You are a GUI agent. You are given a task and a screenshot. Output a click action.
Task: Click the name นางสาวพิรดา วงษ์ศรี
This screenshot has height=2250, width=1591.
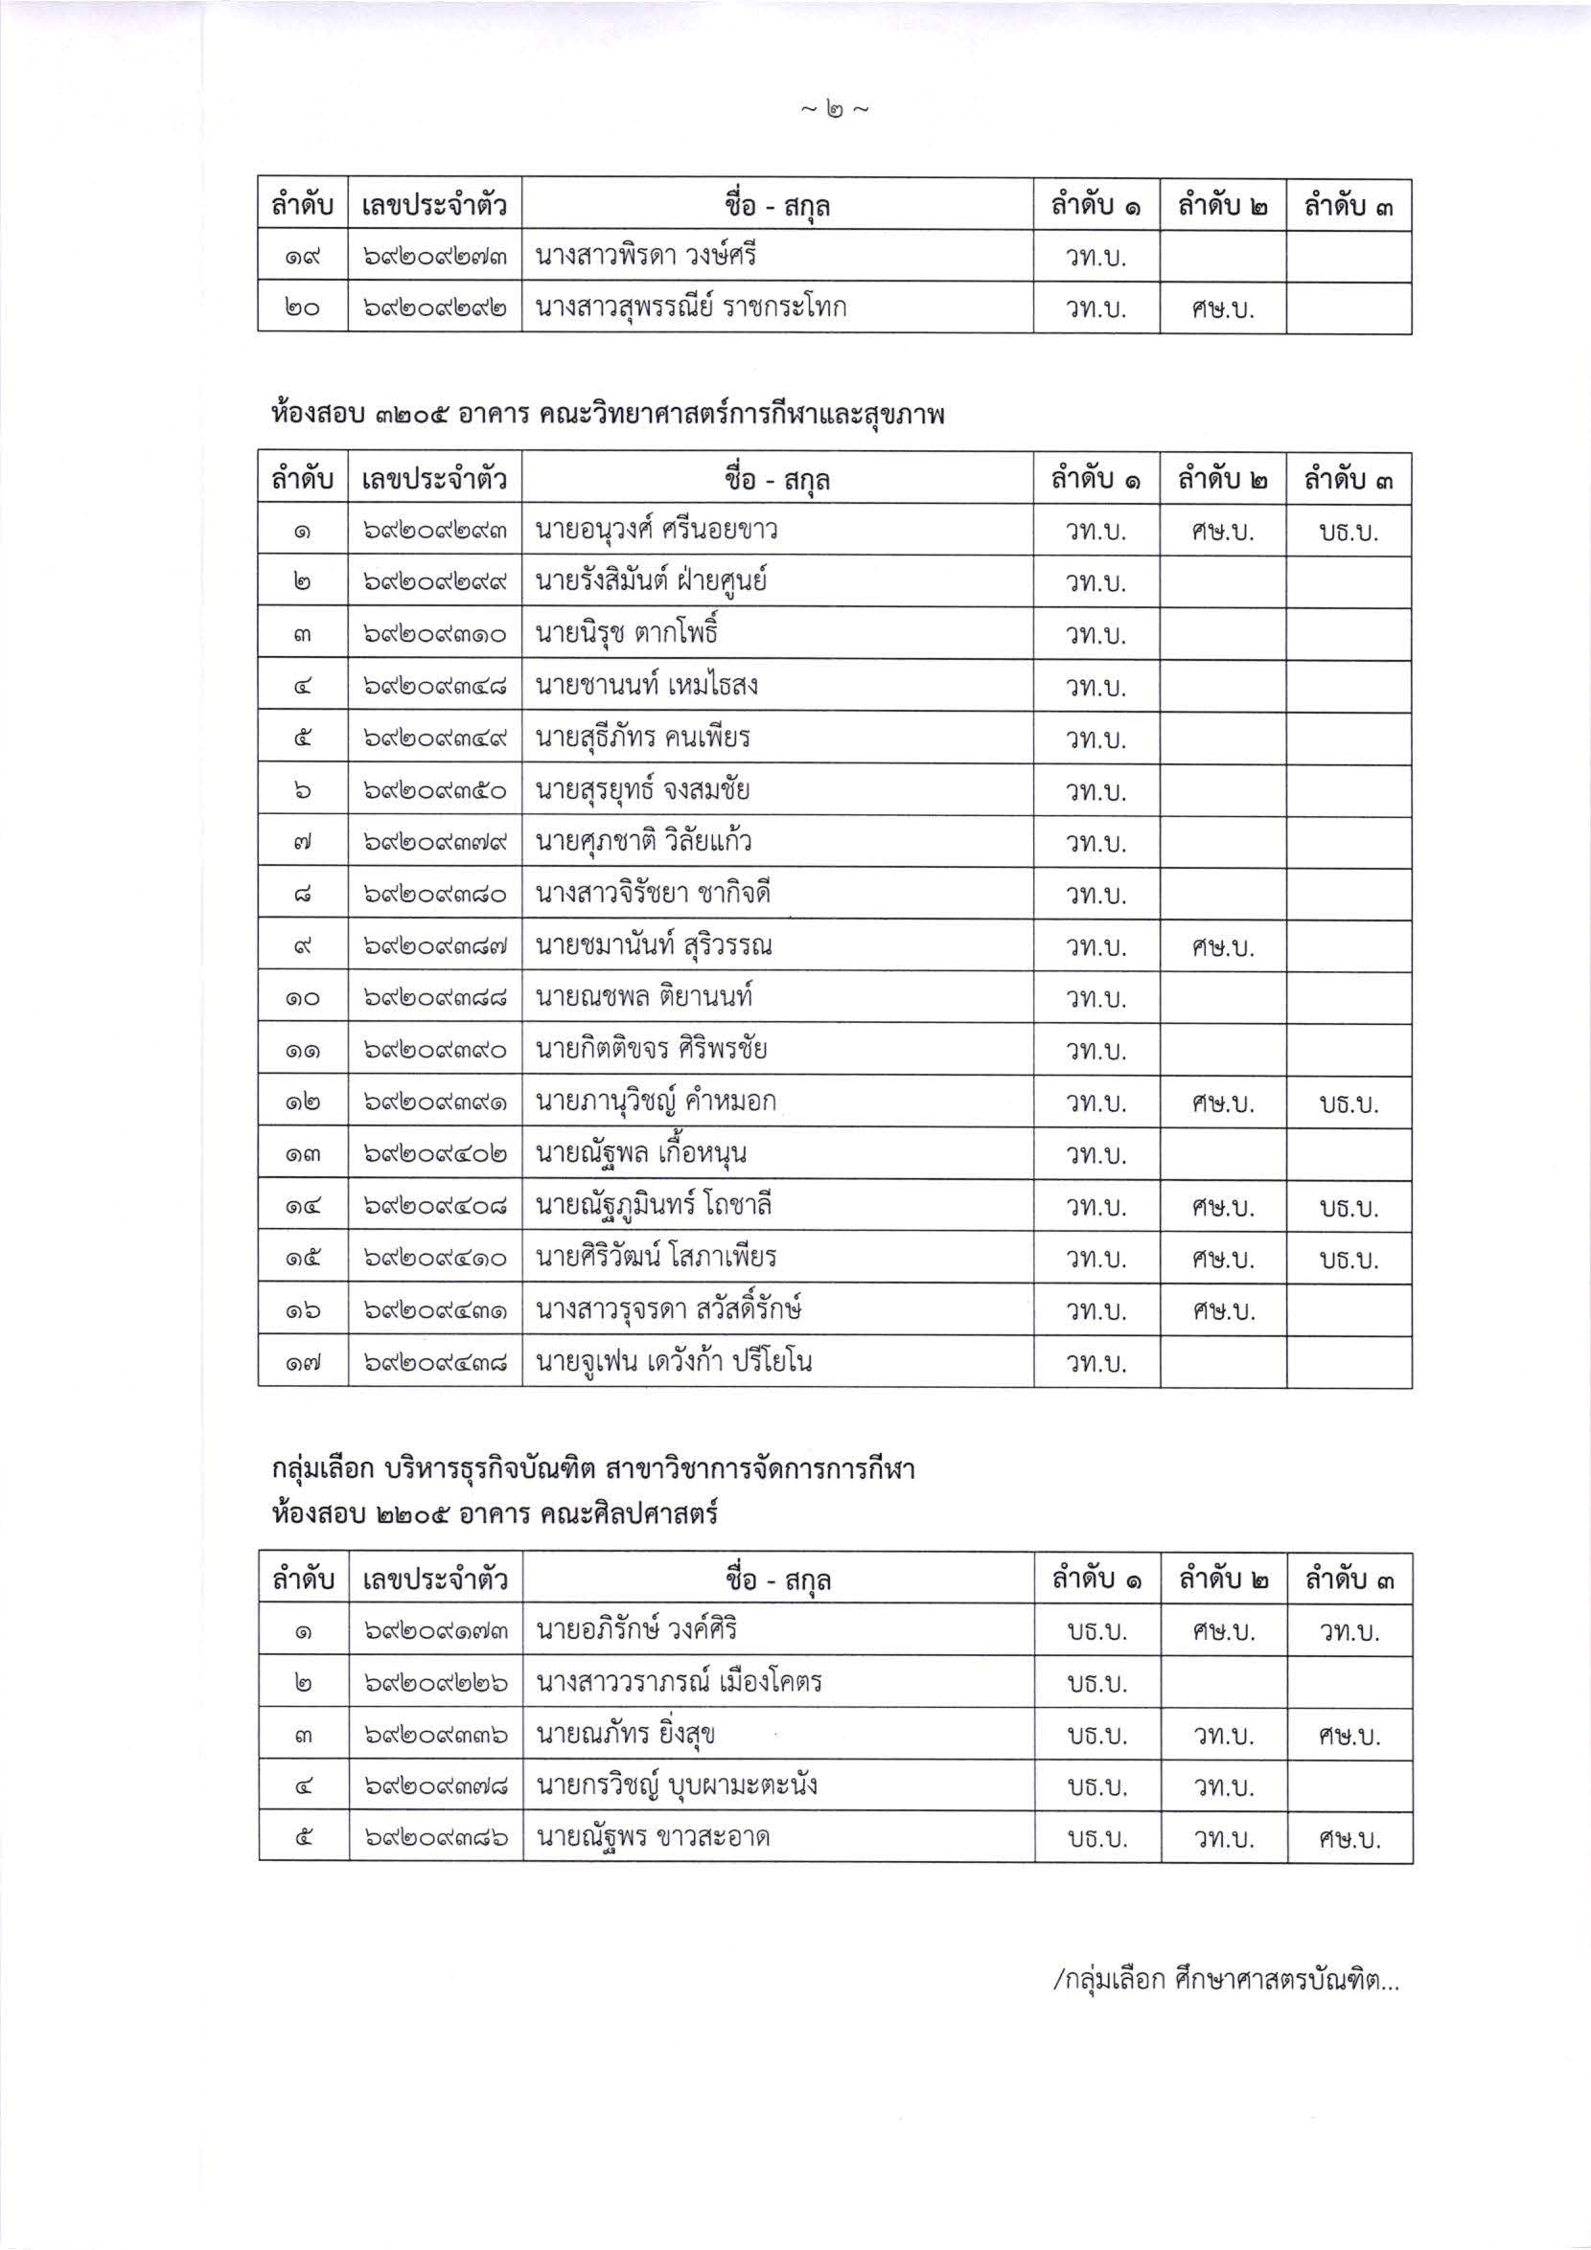(x=645, y=257)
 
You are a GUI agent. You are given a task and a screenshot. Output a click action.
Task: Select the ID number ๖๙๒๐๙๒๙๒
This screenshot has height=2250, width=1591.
(x=434, y=307)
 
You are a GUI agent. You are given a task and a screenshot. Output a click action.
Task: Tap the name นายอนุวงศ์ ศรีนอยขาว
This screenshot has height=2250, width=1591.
(x=656, y=530)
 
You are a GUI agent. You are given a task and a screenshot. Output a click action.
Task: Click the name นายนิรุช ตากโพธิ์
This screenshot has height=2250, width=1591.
(x=627, y=634)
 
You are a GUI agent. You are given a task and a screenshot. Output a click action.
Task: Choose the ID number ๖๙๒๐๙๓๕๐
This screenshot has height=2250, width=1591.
(x=434, y=790)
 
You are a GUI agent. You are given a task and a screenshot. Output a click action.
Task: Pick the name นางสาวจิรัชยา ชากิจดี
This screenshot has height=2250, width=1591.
(x=655, y=894)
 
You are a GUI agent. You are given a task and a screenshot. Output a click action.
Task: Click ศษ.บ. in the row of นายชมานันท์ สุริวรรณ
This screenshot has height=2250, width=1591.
(x=1222, y=947)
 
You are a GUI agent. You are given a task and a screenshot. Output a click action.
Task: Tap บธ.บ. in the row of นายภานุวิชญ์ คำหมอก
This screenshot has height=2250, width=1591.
(x=1349, y=1103)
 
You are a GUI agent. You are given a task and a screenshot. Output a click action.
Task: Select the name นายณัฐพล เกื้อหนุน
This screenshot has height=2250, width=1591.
(x=640, y=1154)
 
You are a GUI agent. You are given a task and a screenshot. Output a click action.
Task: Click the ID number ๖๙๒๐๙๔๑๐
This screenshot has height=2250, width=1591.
(x=434, y=1259)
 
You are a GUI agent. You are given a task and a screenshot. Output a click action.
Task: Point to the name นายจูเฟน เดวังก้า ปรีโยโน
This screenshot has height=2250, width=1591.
(x=674, y=1361)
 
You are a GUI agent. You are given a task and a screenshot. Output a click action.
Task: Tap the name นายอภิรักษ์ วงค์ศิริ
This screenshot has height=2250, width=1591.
(x=636, y=1629)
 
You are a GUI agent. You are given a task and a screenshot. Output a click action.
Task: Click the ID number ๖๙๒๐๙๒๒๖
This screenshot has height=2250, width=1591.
(x=434, y=1684)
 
